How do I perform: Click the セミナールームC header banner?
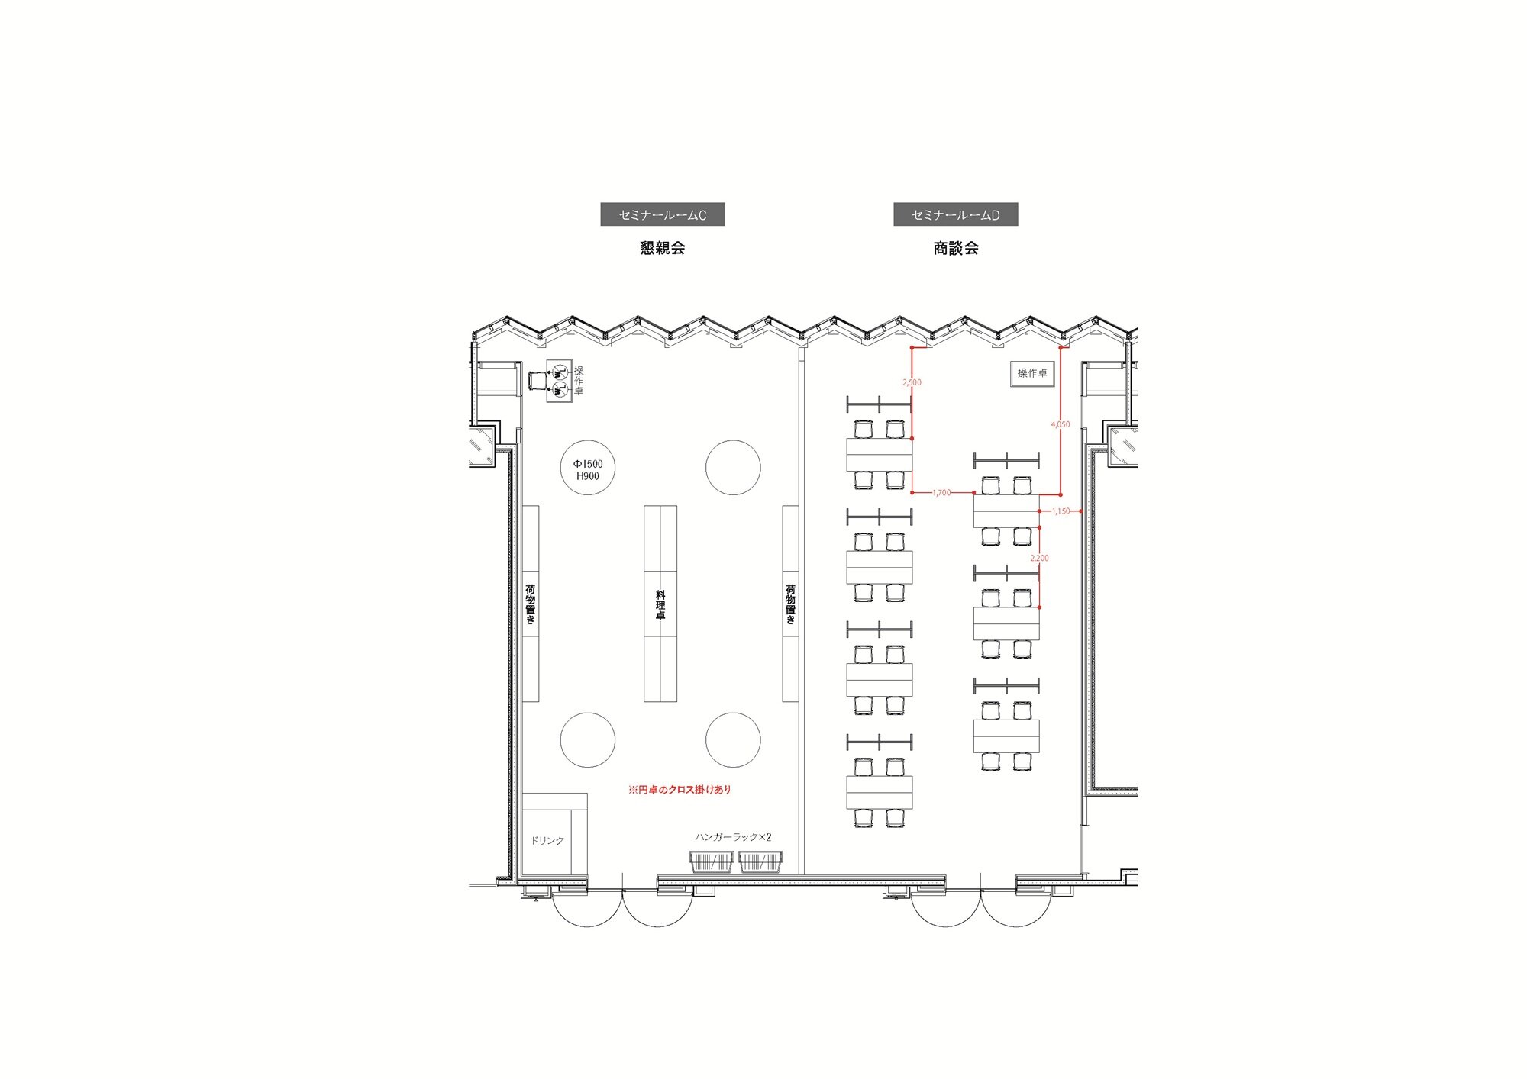pos(662,214)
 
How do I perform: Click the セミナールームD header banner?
pos(955,214)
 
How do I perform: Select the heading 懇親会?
pos(662,248)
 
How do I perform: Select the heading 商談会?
pos(955,248)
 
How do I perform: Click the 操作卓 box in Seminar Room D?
pos(1032,373)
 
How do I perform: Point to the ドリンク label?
pos(547,840)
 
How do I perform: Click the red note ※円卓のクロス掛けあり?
pos(680,790)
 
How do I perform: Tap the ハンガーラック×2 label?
pos(733,837)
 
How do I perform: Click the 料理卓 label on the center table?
pos(660,604)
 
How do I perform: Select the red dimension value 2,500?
pos(912,382)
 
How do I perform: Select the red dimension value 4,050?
pos(1061,424)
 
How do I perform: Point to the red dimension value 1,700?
pos(942,493)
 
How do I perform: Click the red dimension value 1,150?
pos(1061,511)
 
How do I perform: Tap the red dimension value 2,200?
pos(1040,559)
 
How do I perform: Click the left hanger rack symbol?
pos(712,862)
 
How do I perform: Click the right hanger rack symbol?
pos(760,862)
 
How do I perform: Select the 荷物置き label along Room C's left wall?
pos(531,604)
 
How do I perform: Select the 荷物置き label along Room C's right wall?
pos(791,604)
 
